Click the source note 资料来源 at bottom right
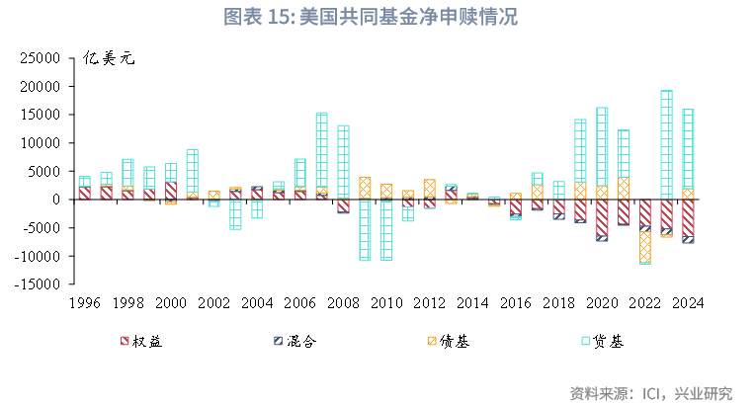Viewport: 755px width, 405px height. tap(651, 393)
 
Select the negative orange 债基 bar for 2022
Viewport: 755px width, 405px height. tap(644, 246)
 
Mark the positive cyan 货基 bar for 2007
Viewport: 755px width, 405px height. tap(322, 149)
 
